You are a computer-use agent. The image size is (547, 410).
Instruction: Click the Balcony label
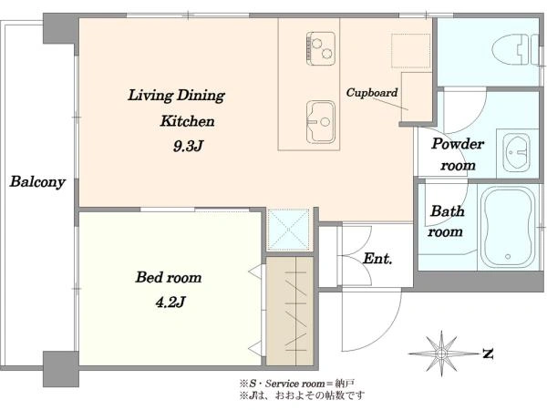37,181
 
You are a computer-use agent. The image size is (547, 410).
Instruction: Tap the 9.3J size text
188,147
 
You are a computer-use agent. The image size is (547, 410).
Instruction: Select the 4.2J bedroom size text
170,302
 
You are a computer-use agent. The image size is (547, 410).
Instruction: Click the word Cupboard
372,92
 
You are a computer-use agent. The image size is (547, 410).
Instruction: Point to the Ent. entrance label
377,259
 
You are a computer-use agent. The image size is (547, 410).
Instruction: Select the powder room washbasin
517,152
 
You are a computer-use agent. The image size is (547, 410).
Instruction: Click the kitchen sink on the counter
321,122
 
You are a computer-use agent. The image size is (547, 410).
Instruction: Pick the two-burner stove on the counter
321,48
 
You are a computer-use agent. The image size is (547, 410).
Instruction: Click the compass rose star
441,354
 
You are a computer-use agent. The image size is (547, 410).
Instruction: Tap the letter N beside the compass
488,354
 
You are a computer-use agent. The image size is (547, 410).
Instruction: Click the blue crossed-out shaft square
289,230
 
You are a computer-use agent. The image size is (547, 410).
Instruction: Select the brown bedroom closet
290,311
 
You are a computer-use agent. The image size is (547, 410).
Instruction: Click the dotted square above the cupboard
410,50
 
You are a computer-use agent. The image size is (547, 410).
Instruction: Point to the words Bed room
169,278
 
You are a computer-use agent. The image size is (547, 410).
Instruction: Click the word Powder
458,144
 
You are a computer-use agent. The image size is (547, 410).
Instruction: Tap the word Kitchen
187,121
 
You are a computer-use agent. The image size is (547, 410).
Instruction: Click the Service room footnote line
297,384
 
